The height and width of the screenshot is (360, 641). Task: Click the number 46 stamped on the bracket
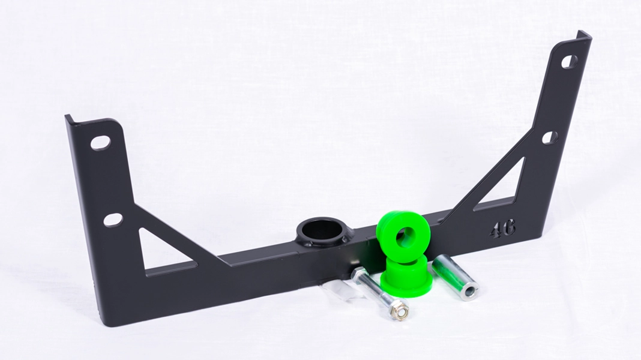[502, 228]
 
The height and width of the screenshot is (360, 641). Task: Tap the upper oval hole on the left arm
[100, 143]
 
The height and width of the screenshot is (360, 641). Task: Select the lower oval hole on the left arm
[112, 220]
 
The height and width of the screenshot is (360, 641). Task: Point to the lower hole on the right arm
[550, 137]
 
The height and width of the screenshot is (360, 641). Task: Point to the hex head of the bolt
[358, 274]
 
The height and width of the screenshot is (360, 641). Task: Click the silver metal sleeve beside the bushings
[453, 273]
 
